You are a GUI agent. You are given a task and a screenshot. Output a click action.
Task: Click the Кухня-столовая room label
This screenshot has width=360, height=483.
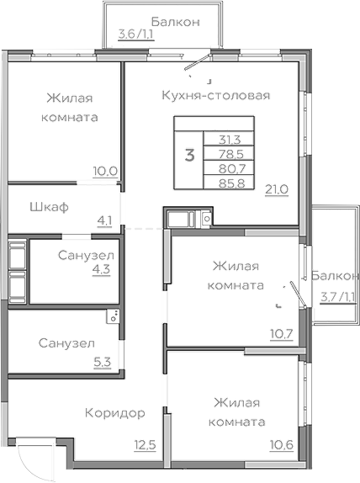[x=215, y=95]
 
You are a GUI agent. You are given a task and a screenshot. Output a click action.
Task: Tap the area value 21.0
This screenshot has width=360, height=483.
[x=277, y=189]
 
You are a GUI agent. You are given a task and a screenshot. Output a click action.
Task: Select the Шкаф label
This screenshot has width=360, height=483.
[x=48, y=206]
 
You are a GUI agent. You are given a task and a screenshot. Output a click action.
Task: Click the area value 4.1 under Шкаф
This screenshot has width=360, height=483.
[x=105, y=221]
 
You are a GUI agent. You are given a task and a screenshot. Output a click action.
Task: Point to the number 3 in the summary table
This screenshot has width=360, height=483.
[x=189, y=154]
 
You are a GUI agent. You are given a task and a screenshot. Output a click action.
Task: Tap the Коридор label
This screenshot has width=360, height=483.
[x=115, y=413]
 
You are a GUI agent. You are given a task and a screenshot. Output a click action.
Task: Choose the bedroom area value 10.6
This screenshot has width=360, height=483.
[x=280, y=444]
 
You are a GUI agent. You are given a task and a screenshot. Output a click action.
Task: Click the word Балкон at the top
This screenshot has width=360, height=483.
[x=175, y=21]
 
